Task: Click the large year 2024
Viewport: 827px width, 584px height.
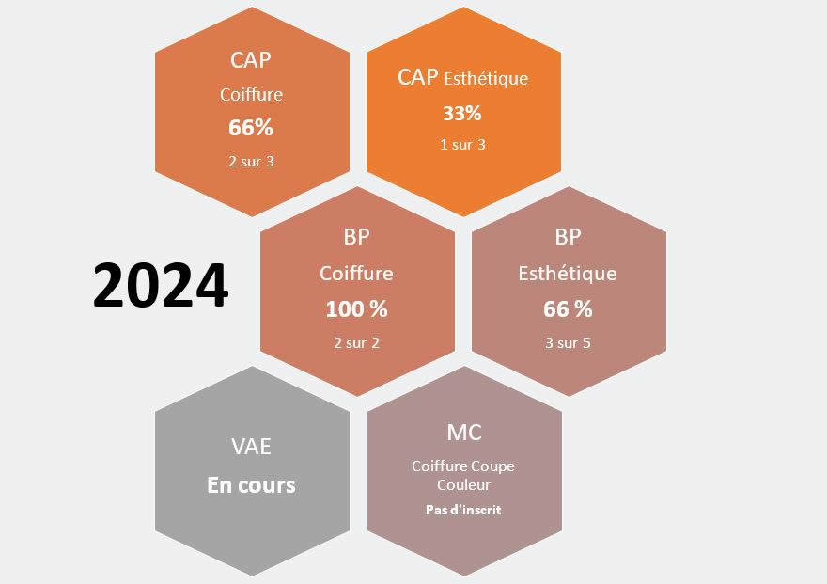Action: pyautogui.click(x=161, y=285)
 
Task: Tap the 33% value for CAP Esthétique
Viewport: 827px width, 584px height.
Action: pyautogui.click(x=462, y=114)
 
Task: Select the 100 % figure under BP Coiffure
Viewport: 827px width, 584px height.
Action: pyautogui.click(x=356, y=309)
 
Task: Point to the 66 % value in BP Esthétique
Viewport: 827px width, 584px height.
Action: pyautogui.click(x=568, y=309)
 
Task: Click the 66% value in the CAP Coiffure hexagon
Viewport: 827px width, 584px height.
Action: pyautogui.click(x=251, y=128)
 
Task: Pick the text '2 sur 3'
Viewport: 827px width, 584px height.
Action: pyautogui.click(x=252, y=162)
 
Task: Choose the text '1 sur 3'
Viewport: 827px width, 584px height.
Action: pyautogui.click(x=462, y=145)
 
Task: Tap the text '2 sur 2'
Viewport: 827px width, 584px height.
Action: pyautogui.click(x=356, y=343)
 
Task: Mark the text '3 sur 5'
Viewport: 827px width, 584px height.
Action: pyautogui.click(x=568, y=343)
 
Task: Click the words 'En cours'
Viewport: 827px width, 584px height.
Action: pyautogui.click(x=251, y=485)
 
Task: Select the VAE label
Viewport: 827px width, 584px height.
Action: pyautogui.click(x=252, y=447)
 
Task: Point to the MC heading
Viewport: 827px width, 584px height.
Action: pyautogui.click(x=464, y=433)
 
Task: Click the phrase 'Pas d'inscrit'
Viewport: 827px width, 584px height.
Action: pyautogui.click(x=463, y=510)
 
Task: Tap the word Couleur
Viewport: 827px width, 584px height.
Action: pyautogui.click(x=463, y=485)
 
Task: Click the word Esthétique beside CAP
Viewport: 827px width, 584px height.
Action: pyautogui.click(x=486, y=79)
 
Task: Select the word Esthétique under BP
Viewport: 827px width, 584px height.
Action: pyautogui.click(x=568, y=274)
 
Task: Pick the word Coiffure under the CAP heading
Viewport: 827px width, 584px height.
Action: pyautogui.click(x=252, y=95)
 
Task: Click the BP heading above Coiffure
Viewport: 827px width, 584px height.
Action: pyautogui.click(x=356, y=237)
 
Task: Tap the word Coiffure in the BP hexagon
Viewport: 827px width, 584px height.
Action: pyautogui.click(x=356, y=274)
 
